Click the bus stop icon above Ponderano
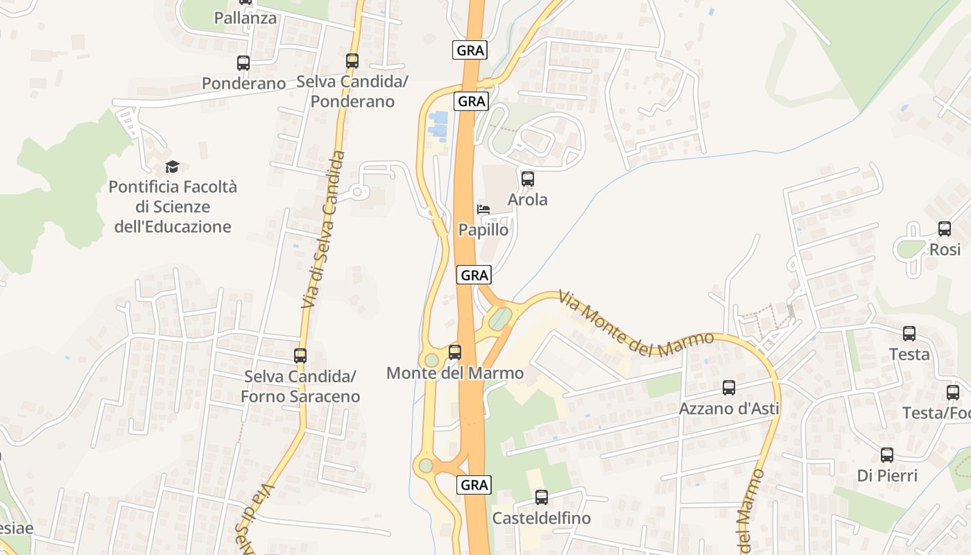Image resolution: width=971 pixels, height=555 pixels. pyautogui.click(x=243, y=63)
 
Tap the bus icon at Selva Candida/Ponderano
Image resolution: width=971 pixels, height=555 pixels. pyautogui.click(x=352, y=61)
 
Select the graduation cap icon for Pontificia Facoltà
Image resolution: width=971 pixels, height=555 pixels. pyautogui.click(x=172, y=166)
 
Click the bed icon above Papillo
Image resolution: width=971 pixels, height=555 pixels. pyautogui.click(x=483, y=210)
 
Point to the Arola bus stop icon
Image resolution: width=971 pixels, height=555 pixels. pyautogui.click(x=528, y=179)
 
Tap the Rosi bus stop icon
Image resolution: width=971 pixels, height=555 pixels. pyautogui.click(x=944, y=229)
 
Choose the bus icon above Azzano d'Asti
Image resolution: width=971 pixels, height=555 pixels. pyautogui.click(x=728, y=388)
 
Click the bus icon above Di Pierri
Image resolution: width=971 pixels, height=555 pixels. pyautogui.click(x=887, y=455)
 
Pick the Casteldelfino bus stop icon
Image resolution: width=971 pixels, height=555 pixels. pyautogui.click(x=542, y=497)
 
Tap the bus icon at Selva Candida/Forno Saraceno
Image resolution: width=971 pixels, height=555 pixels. pyautogui.click(x=300, y=356)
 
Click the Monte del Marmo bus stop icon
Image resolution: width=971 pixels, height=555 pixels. pyautogui.click(x=455, y=352)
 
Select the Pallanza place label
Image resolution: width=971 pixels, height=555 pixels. pyautogui.click(x=246, y=18)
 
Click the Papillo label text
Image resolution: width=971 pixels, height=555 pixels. pyautogui.click(x=483, y=230)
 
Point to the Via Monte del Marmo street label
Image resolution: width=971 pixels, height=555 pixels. pyautogui.click(x=636, y=323)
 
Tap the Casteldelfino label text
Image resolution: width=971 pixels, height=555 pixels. pyautogui.click(x=542, y=518)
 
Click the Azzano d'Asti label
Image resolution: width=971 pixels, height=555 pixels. pyautogui.click(x=729, y=409)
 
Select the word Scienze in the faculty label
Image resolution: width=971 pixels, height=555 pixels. pyautogui.click(x=182, y=207)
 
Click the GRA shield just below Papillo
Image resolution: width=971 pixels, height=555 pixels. pyautogui.click(x=474, y=275)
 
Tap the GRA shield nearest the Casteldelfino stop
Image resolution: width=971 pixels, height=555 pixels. pyautogui.click(x=474, y=485)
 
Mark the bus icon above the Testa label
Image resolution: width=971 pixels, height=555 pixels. pyautogui.click(x=909, y=334)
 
